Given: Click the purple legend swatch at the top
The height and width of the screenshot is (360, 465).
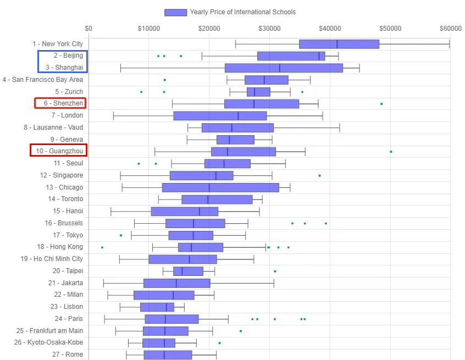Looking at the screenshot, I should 175,12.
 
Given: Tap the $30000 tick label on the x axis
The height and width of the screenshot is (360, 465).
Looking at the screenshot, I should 269,29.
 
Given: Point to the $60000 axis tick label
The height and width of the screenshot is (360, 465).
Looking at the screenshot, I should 450,29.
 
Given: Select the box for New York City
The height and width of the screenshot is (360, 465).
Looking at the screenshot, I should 339,44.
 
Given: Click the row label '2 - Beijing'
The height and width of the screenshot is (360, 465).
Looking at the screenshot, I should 68,56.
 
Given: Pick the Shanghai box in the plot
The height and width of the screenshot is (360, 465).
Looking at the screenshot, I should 284,68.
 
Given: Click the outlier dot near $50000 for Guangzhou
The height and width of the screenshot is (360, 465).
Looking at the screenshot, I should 391,151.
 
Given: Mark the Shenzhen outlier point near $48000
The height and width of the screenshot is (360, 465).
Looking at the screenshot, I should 381,103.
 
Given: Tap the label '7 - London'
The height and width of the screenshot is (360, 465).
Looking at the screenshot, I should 67,115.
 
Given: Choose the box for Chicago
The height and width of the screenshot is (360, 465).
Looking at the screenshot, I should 220,187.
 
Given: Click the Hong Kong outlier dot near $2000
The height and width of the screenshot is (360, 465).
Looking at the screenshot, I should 102,247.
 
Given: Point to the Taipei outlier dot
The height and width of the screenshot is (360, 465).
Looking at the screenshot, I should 275,271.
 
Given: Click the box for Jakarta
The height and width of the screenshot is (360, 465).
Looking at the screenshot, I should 176,283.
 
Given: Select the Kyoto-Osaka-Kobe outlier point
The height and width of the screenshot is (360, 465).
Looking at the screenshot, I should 219,343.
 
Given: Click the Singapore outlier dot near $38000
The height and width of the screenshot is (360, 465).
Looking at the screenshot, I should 319,175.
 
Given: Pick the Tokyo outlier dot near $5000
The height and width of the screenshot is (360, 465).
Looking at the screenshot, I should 121,235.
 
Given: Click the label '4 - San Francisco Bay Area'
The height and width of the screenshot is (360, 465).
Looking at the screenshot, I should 43,80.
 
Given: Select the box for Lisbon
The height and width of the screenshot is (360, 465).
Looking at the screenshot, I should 157,307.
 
